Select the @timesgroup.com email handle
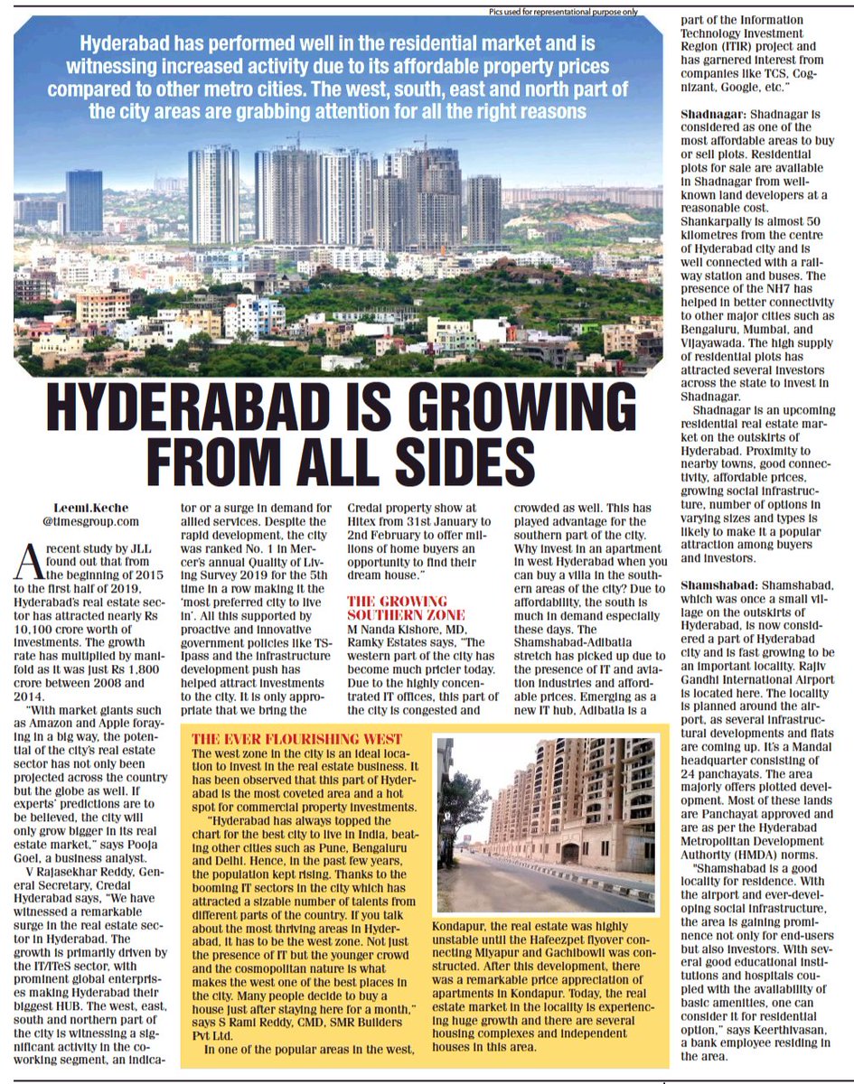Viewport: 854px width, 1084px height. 90,521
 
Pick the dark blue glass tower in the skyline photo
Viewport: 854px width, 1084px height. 84,201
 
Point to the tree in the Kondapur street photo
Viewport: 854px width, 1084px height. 462,804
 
